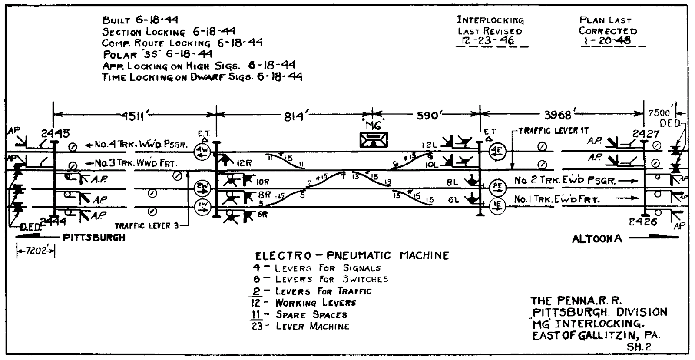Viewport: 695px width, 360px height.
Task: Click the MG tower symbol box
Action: click(374, 140)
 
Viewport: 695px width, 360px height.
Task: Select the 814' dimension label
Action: click(296, 116)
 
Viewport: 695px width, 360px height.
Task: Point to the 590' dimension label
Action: click(429, 116)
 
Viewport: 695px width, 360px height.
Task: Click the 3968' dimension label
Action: click(559, 116)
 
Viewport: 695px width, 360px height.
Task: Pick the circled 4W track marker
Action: click(203, 150)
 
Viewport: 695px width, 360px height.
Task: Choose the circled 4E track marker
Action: click(496, 151)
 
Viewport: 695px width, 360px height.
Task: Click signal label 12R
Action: click(244, 164)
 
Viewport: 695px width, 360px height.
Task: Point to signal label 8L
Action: click(453, 183)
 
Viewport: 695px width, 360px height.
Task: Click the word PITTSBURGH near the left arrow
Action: click(94, 238)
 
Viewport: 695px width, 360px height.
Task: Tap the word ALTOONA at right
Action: click(597, 238)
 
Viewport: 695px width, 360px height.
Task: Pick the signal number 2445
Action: click(55, 133)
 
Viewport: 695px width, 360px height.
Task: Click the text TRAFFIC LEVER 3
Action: click(146, 226)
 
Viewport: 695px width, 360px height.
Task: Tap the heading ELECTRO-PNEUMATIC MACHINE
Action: click(352, 255)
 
